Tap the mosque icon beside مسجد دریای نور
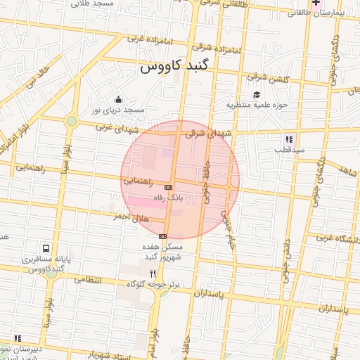118,99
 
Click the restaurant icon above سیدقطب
289,139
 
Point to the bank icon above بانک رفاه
168,188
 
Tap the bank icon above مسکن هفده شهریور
163,236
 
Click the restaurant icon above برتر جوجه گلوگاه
153,273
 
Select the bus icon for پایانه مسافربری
46,249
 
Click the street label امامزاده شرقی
224,51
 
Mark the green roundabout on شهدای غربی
71,121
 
